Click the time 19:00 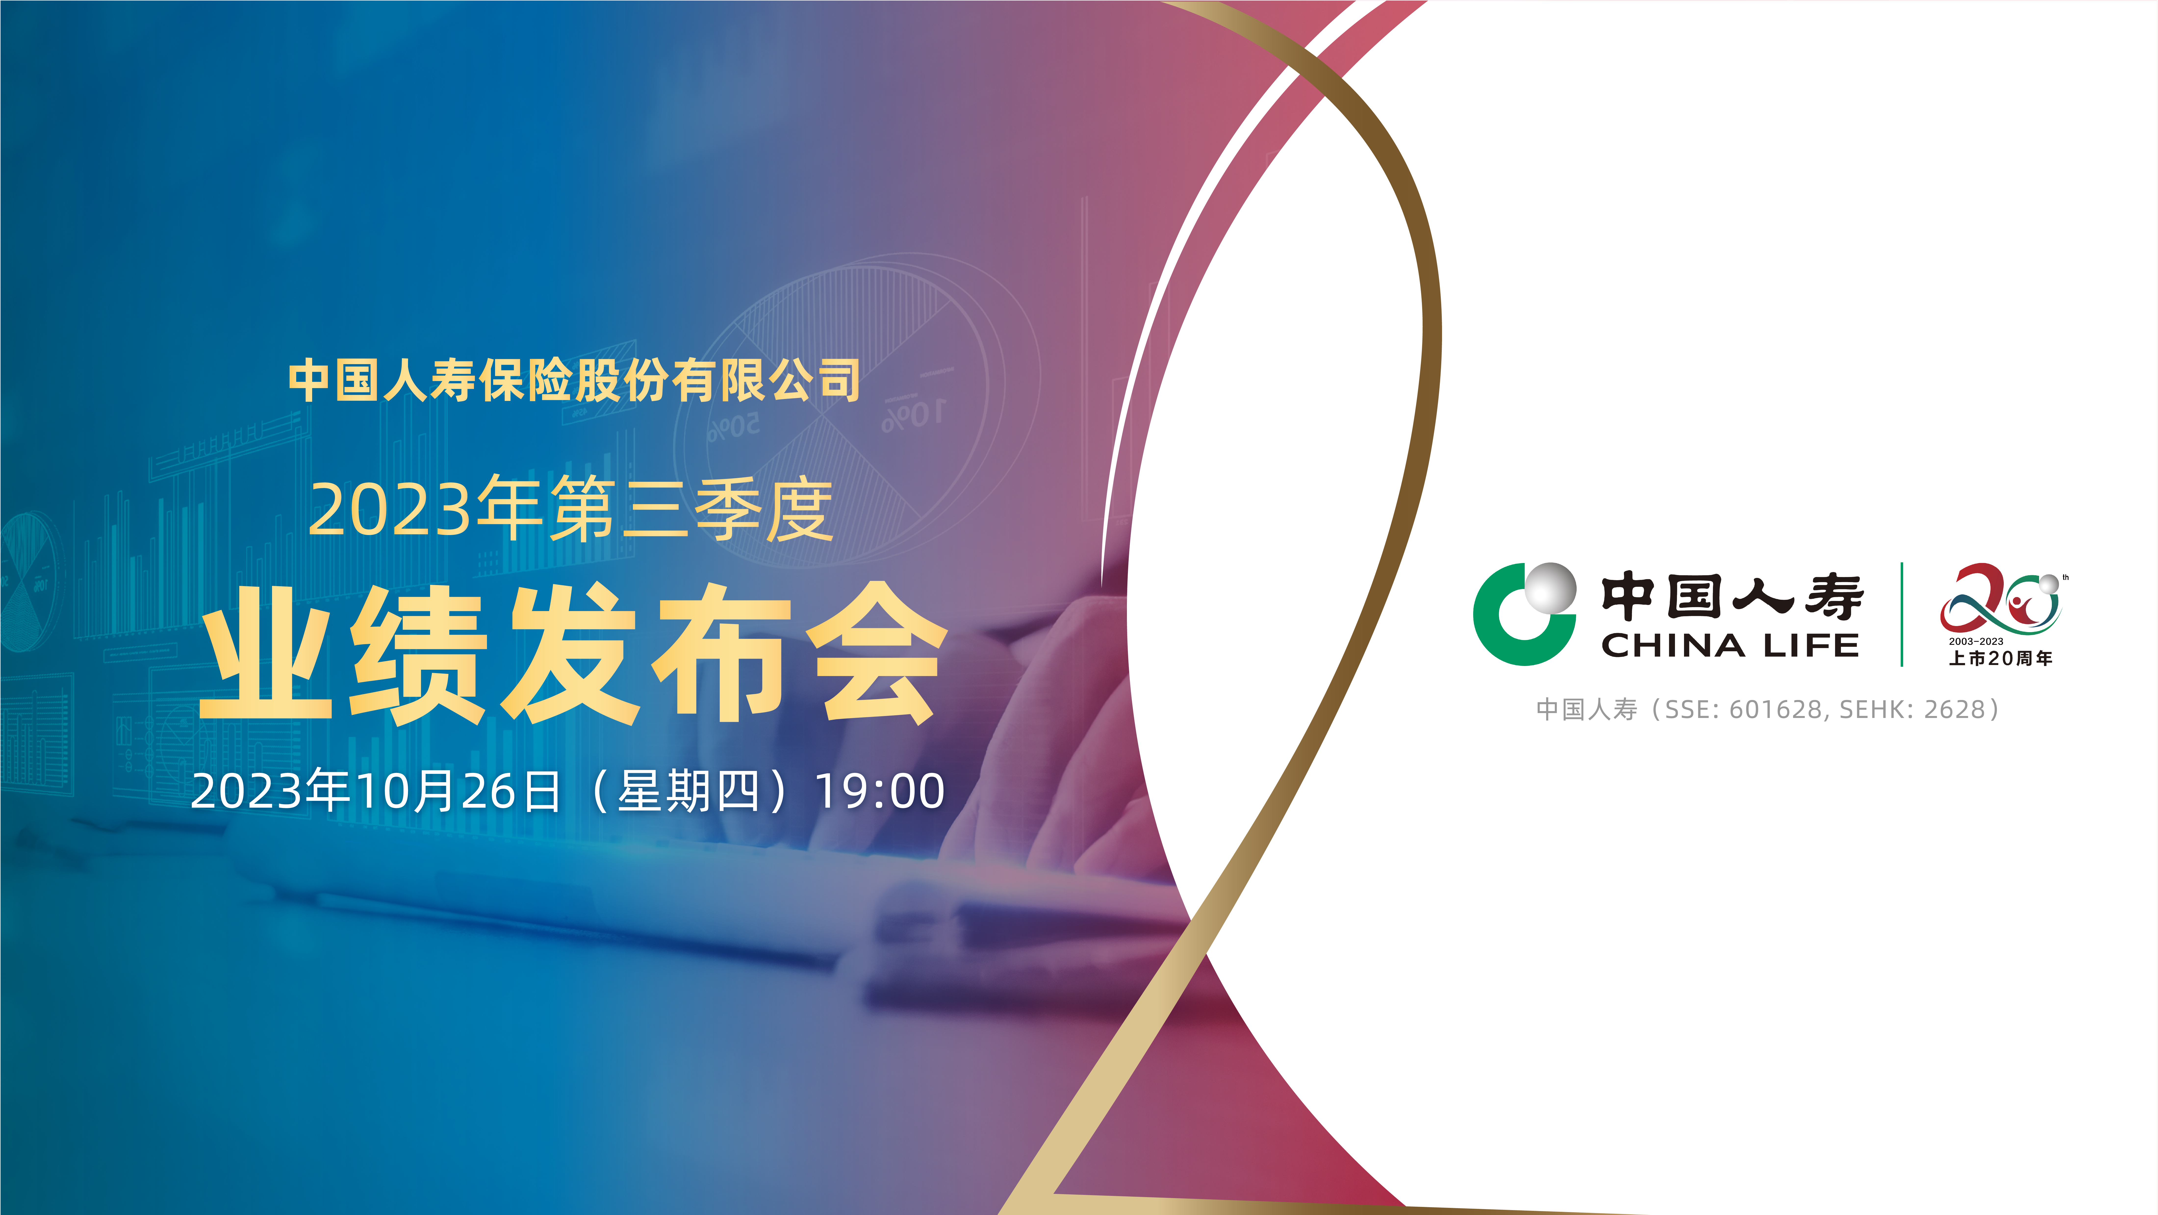coord(880,791)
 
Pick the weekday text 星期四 coord(689,791)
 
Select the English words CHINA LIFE coord(1730,646)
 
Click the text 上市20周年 coord(2001,659)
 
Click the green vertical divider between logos coord(1902,614)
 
